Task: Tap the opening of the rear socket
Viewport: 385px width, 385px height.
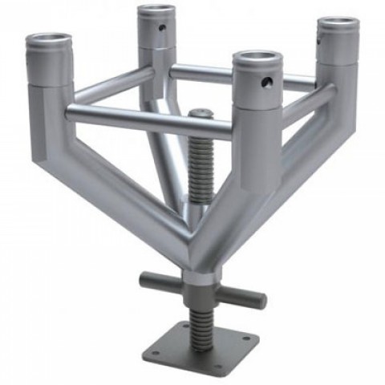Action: (x=156, y=11)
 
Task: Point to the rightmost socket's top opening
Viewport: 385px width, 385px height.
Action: (x=338, y=25)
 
